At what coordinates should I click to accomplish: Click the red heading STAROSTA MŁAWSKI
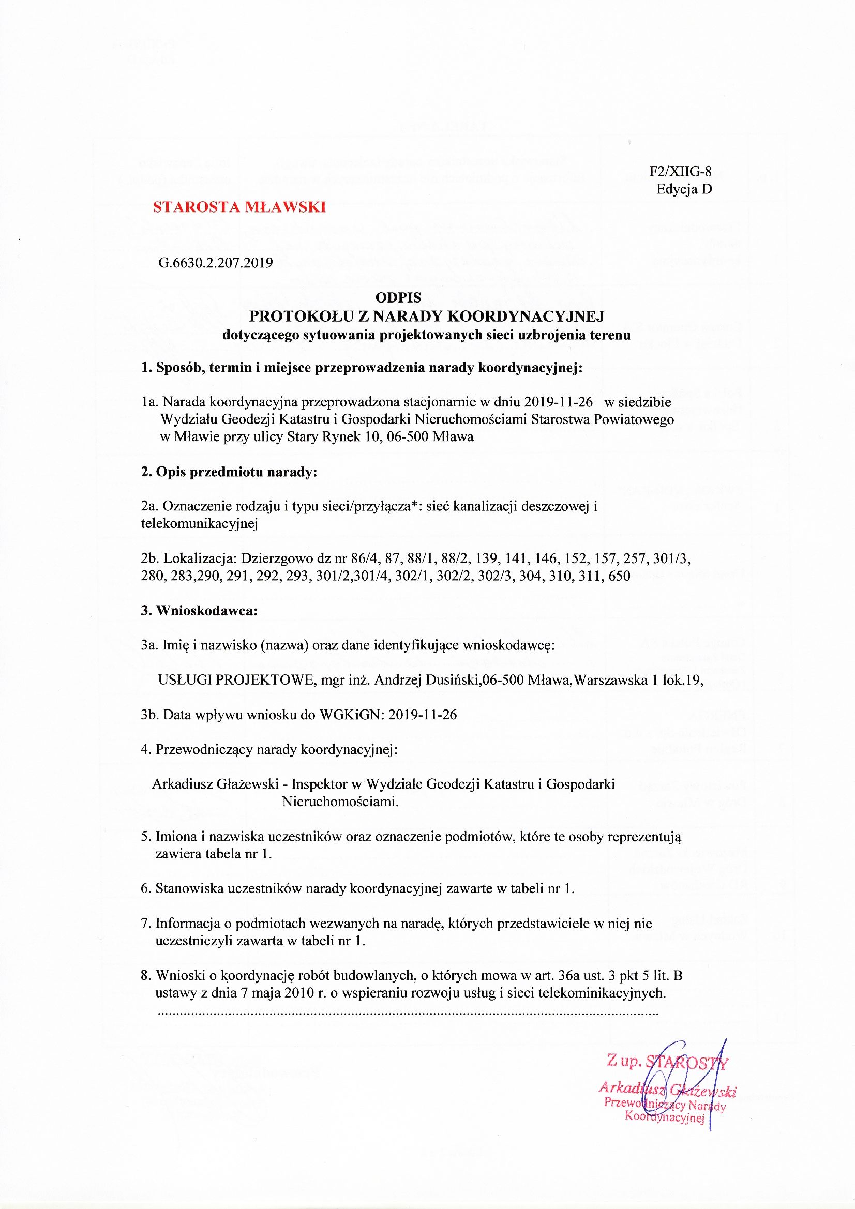(239, 207)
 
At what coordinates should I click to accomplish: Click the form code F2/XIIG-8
(680, 172)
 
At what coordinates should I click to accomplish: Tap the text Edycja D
(684, 189)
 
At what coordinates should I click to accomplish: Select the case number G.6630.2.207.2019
(216, 263)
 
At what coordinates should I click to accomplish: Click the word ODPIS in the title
(398, 298)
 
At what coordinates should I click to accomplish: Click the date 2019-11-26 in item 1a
(559, 402)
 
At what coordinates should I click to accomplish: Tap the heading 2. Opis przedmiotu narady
(229, 472)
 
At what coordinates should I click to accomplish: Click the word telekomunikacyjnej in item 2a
(199, 523)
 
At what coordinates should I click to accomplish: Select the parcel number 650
(619, 576)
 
